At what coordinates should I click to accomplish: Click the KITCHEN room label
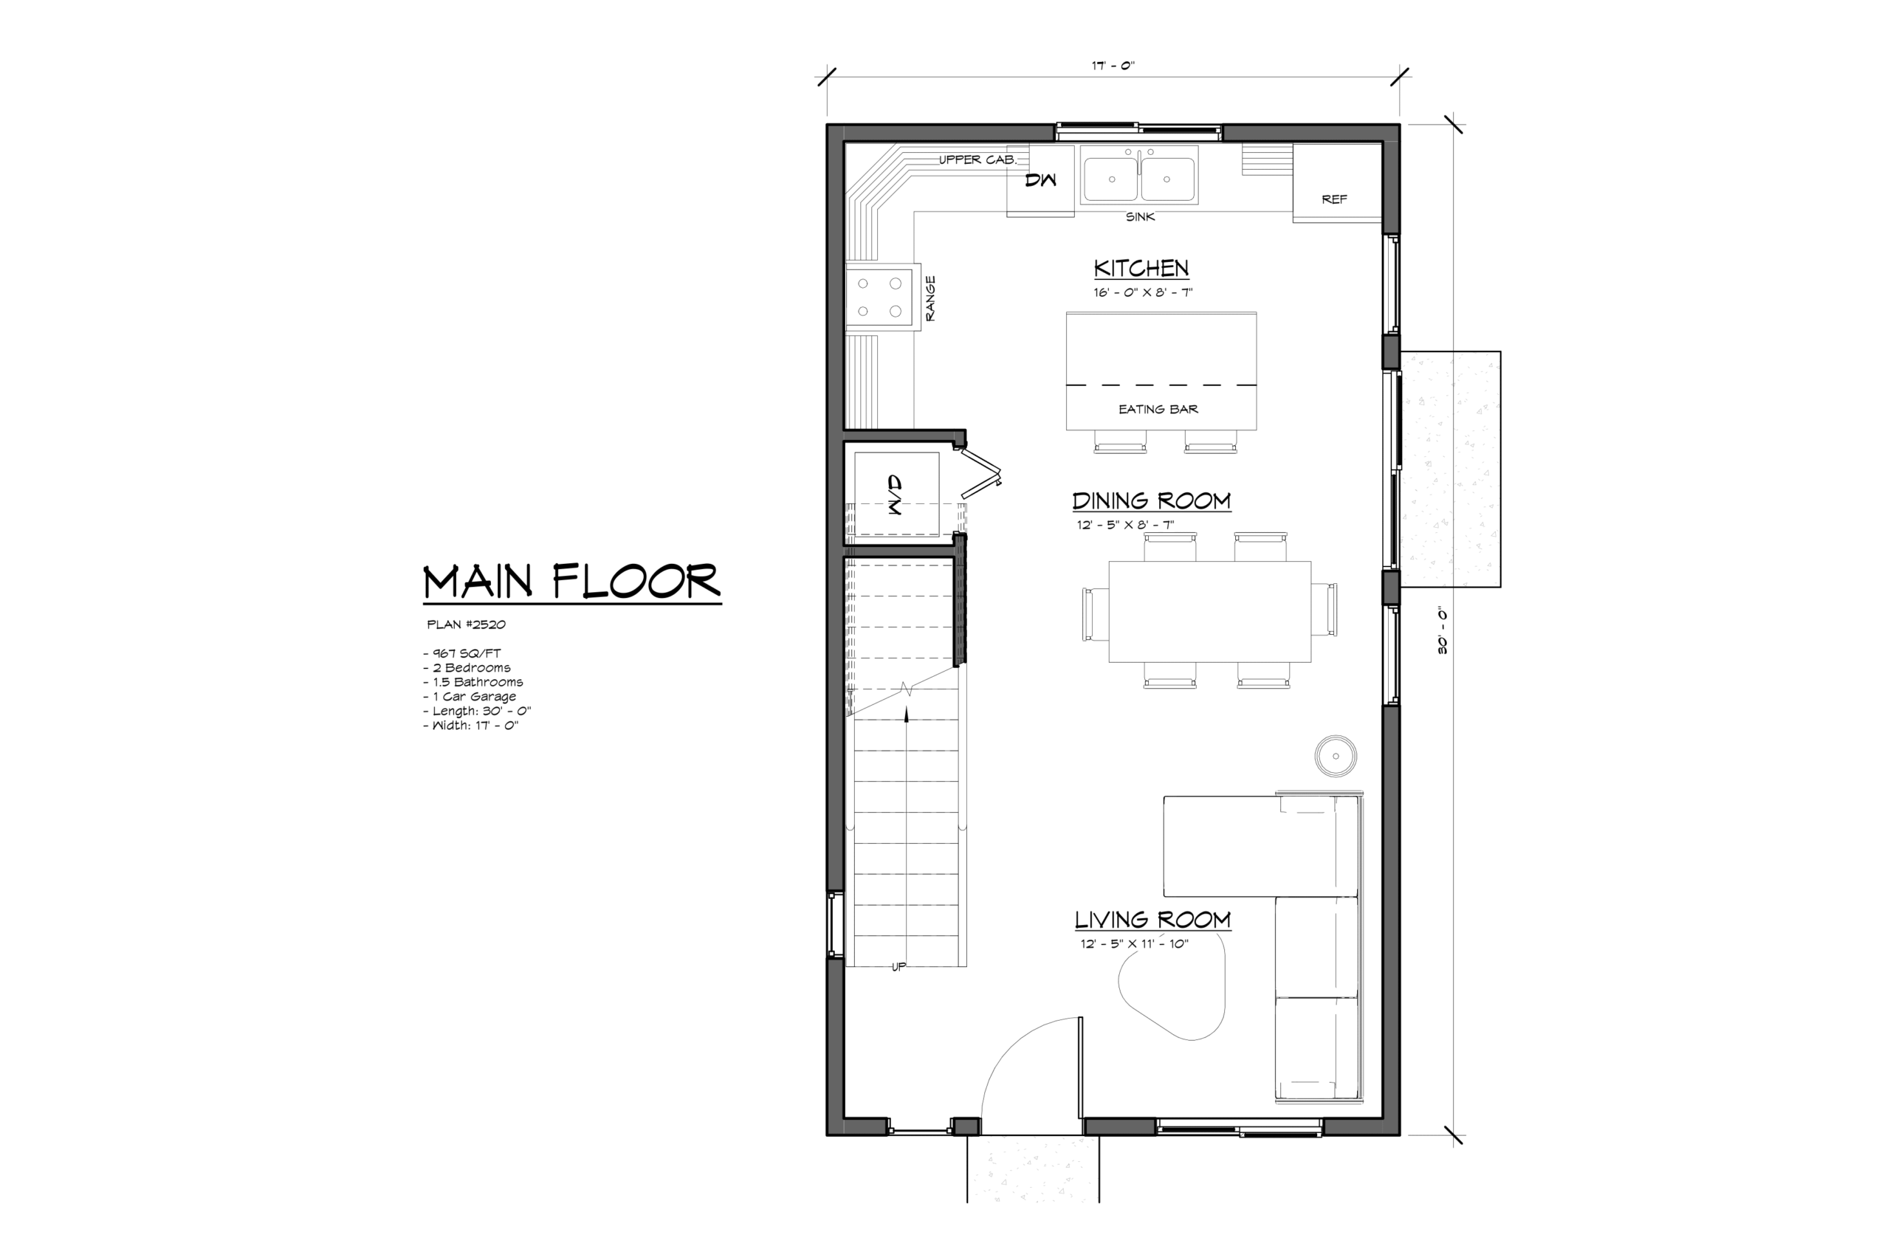point(1141,268)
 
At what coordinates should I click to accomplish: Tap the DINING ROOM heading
point(1152,500)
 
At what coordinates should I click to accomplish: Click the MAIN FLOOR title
point(571,582)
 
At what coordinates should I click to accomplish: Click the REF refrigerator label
point(1334,199)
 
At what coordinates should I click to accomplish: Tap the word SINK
point(1140,217)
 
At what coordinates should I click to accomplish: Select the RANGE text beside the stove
point(930,298)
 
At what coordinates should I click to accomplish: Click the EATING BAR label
point(1158,409)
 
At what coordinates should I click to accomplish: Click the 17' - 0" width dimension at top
point(1113,66)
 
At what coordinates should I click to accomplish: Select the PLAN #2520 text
point(466,624)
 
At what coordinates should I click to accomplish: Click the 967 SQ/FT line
point(462,653)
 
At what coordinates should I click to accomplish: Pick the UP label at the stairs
point(898,967)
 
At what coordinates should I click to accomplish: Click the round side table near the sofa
point(1336,756)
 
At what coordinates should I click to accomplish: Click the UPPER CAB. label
point(978,159)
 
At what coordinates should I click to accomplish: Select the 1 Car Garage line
point(470,697)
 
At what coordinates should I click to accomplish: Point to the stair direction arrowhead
point(907,714)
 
